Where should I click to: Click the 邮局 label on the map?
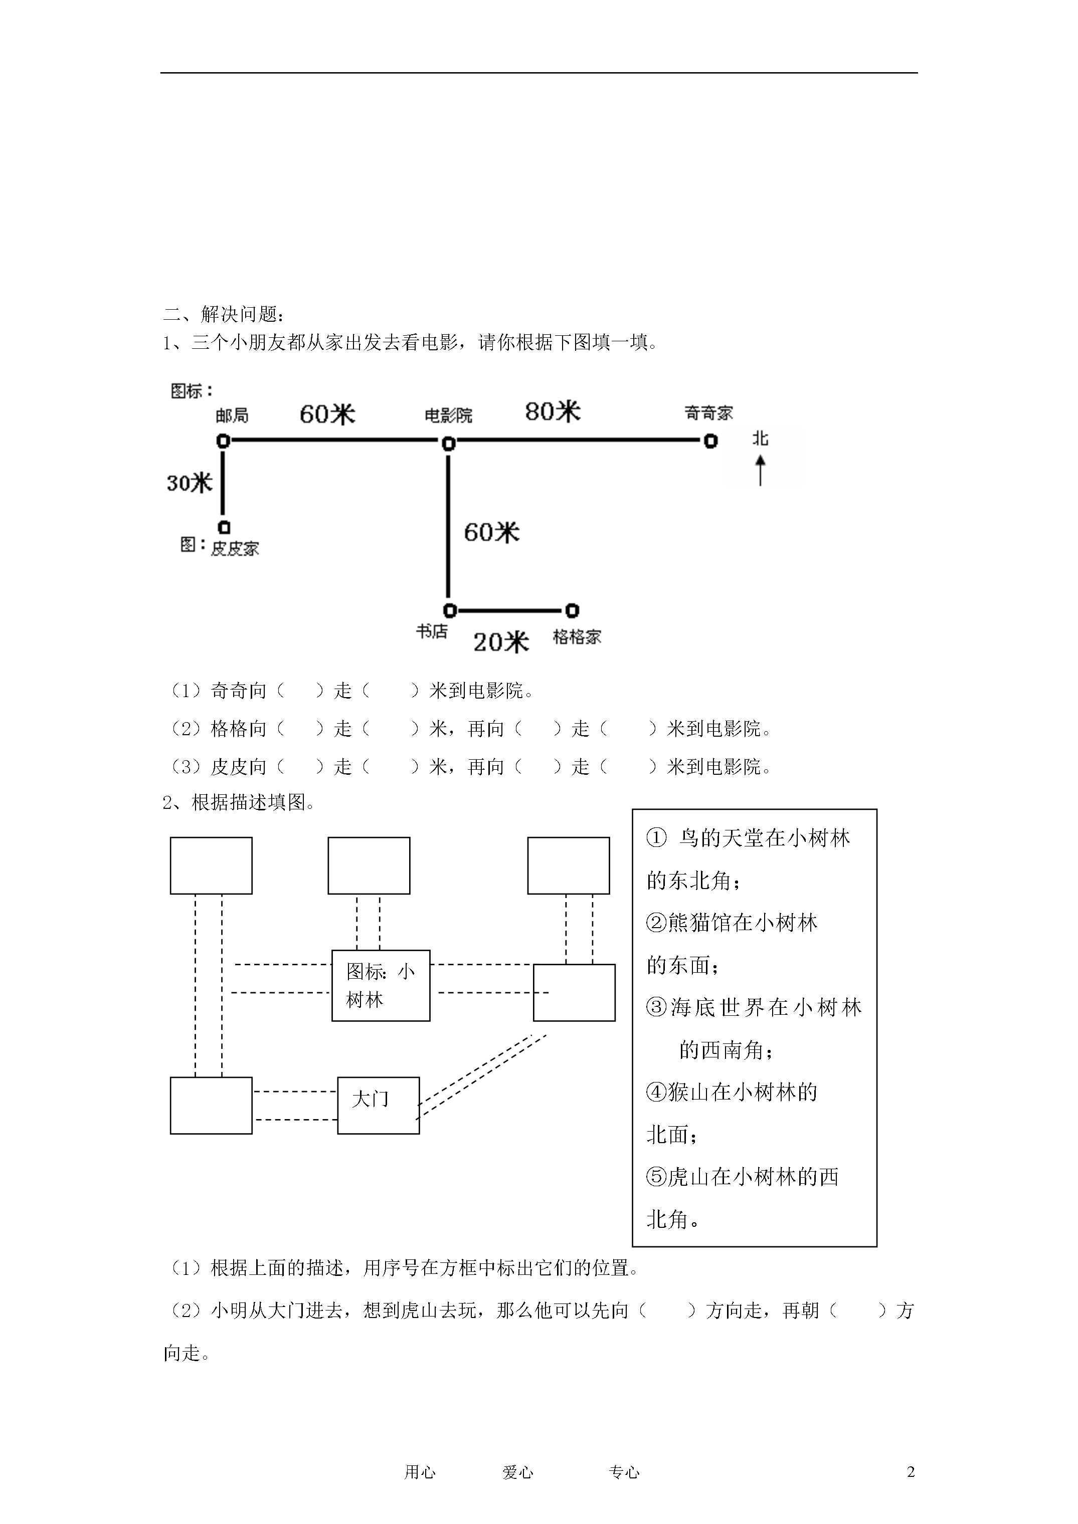point(232,415)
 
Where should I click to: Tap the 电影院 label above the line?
point(448,415)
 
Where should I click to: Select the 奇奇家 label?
point(708,413)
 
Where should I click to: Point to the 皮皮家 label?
point(235,548)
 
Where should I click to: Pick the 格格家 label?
point(577,637)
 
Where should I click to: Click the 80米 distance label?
point(553,411)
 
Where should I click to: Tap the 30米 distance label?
point(190,483)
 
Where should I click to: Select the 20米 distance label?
point(501,642)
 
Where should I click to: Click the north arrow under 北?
point(761,470)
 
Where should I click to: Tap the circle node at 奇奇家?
point(710,440)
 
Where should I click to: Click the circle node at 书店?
point(450,610)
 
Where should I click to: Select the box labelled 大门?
point(379,1106)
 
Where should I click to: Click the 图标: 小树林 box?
point(381,986)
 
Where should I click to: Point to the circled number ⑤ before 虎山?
point(656,1177)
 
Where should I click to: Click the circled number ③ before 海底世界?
point(656,1008)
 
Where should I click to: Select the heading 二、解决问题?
point(224,314)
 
